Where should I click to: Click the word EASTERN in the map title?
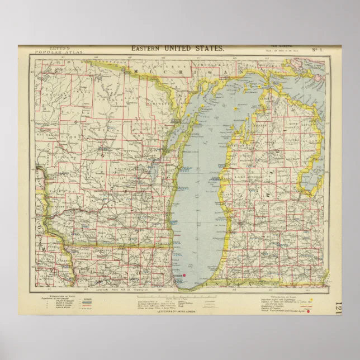click(x=144, y=49)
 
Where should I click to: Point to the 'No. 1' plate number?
click(x=316, y=49)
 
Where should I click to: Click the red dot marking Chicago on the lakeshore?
click(x=184, y=276)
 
